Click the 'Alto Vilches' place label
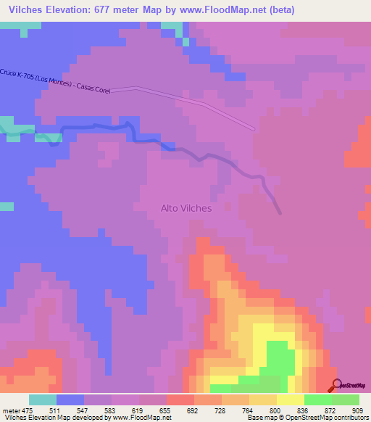pos(186,208)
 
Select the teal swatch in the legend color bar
pos(43,400)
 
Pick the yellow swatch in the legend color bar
pos(291,400)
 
